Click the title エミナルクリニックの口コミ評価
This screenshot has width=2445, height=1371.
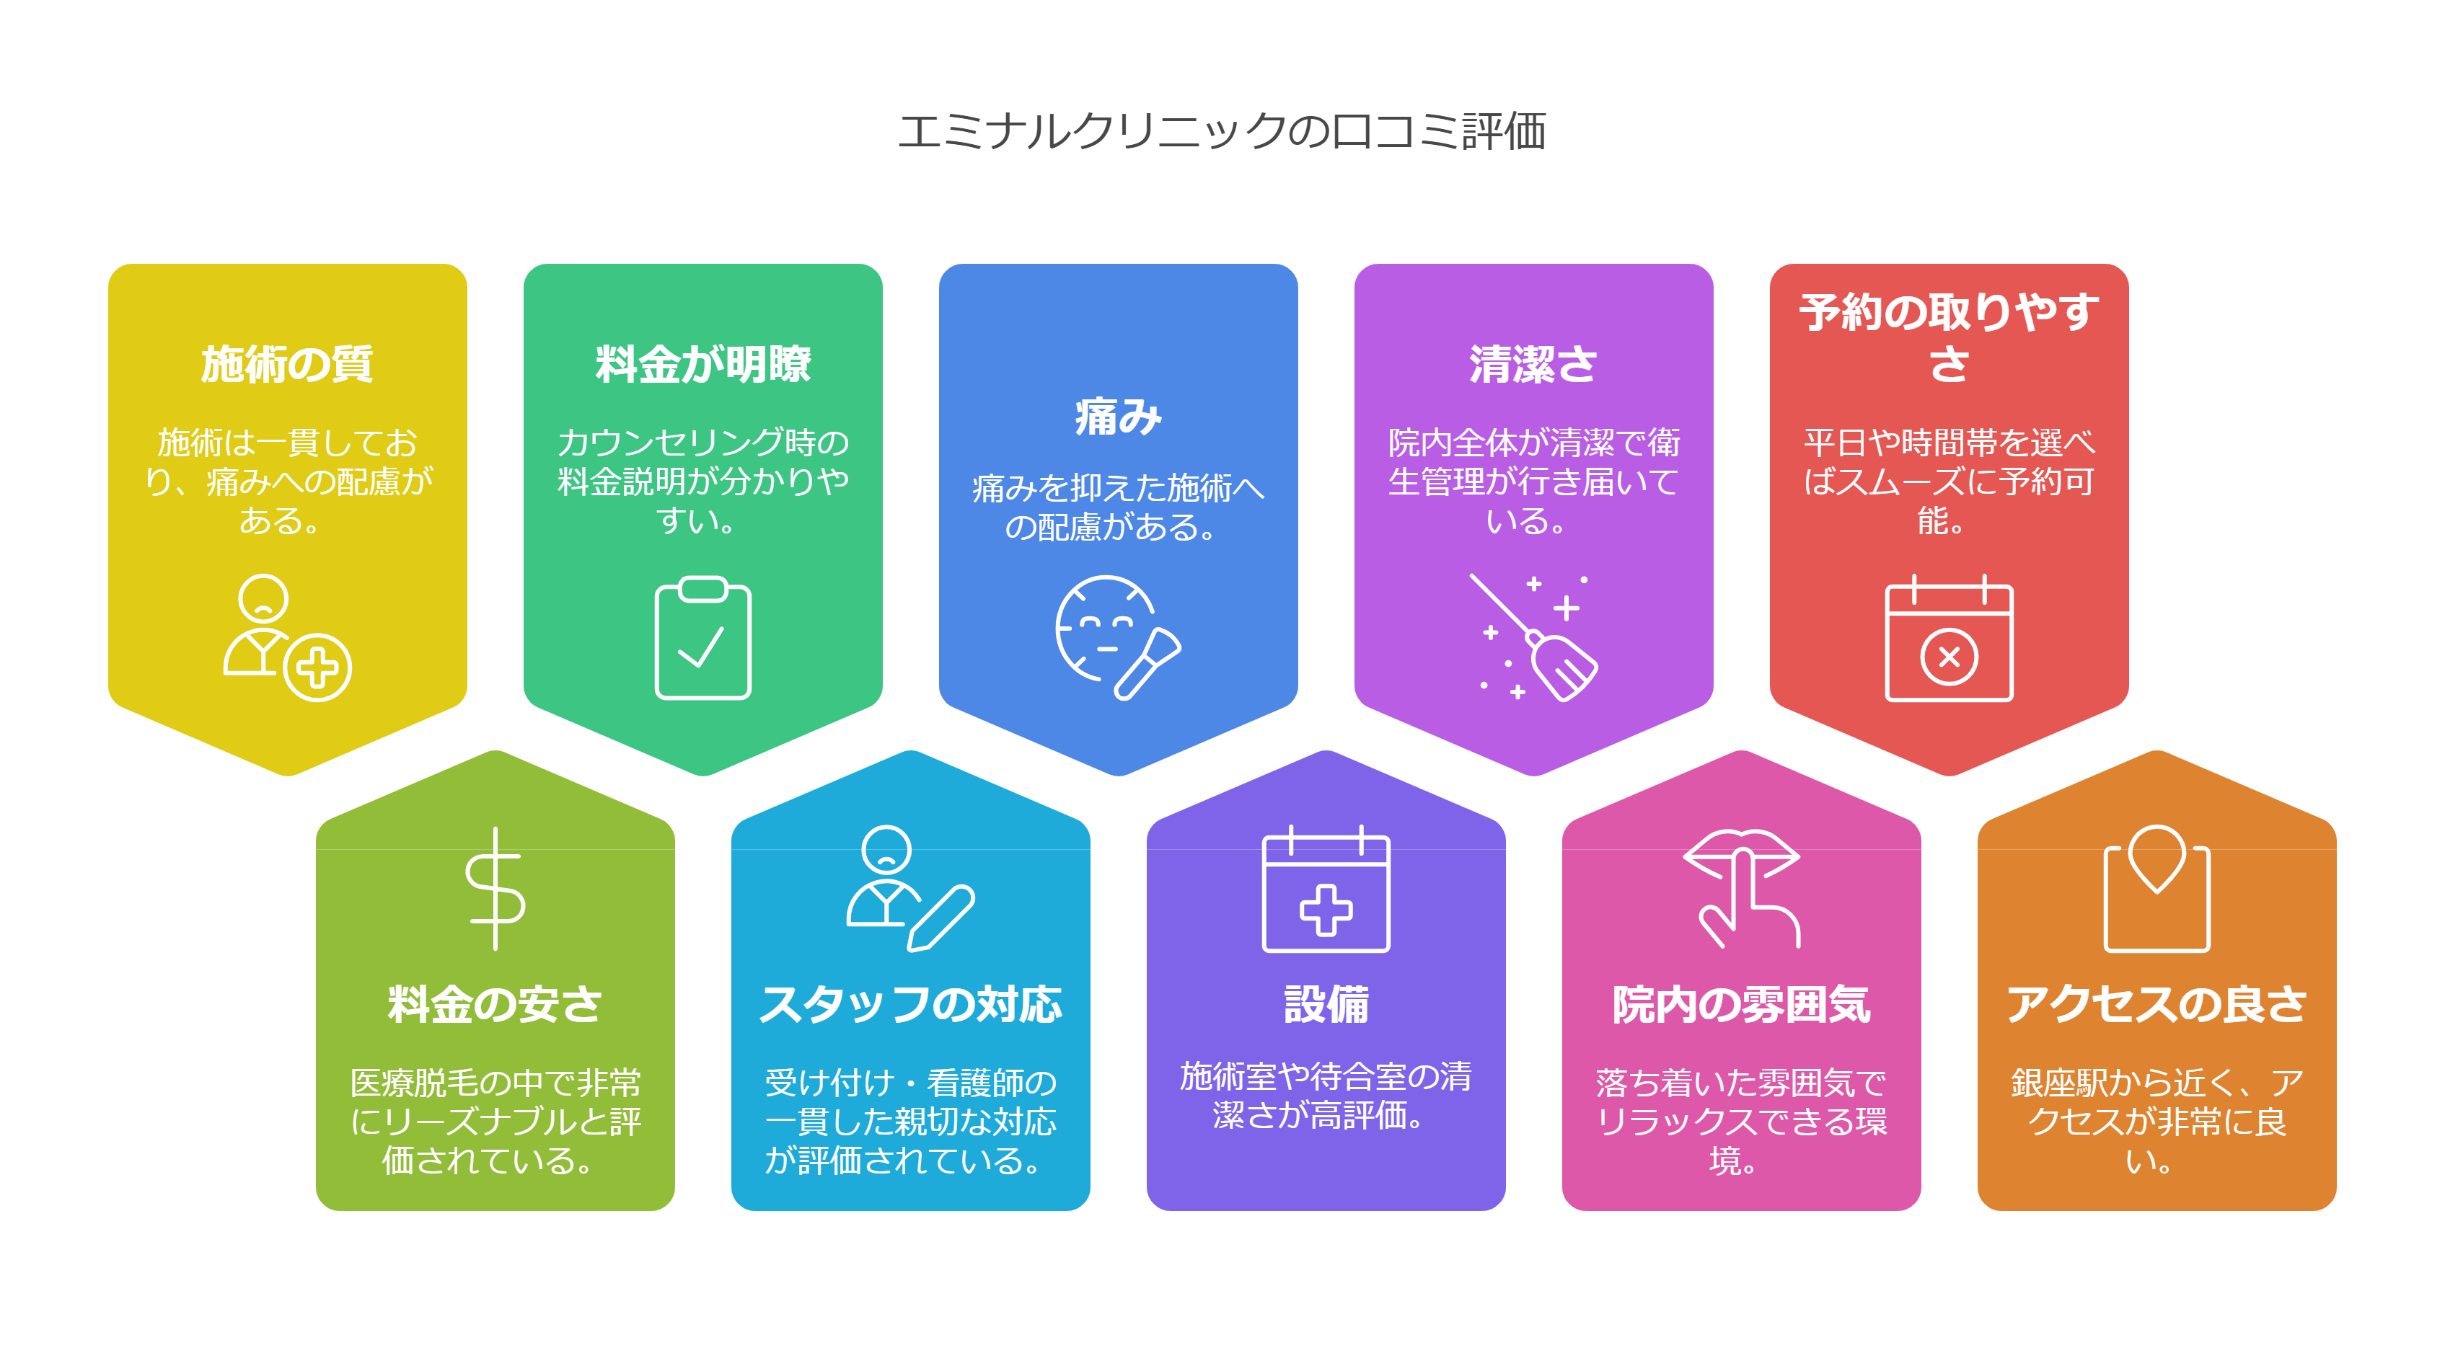point(1222,131)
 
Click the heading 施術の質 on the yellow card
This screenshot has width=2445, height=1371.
point(286,364)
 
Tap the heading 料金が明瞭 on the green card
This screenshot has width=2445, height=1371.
point(702,364)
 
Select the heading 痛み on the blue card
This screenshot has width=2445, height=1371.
point(1118,417)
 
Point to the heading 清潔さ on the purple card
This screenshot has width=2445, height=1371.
point(1533,364)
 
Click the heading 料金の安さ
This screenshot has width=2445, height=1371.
point(495,1005)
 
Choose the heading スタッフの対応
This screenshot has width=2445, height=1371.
point(910,1005)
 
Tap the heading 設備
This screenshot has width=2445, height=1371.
point(1326,1005)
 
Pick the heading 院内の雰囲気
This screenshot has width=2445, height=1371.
point(1741,1005)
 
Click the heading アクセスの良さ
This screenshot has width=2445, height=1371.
point(2157,1005)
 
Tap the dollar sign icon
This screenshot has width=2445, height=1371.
point(495,889)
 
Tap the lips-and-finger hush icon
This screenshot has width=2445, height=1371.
point(1743,889)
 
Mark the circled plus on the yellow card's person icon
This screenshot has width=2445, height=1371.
point(317,667)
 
